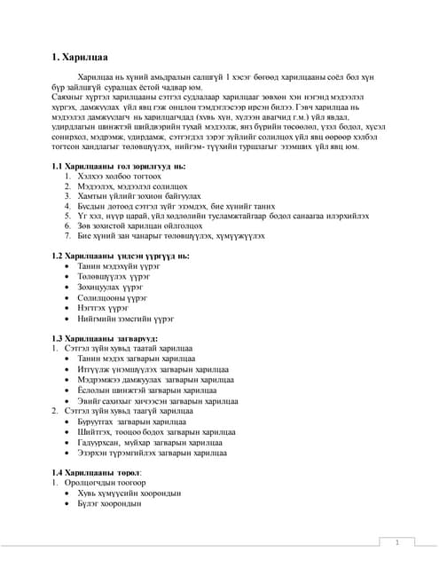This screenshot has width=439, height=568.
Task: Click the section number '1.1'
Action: pos(58,166)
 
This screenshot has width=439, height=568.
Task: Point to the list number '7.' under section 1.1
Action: pos(67,235)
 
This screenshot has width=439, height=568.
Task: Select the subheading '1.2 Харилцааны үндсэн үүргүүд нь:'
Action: pos(120,256)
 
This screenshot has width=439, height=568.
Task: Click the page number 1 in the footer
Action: pos(396,541)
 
